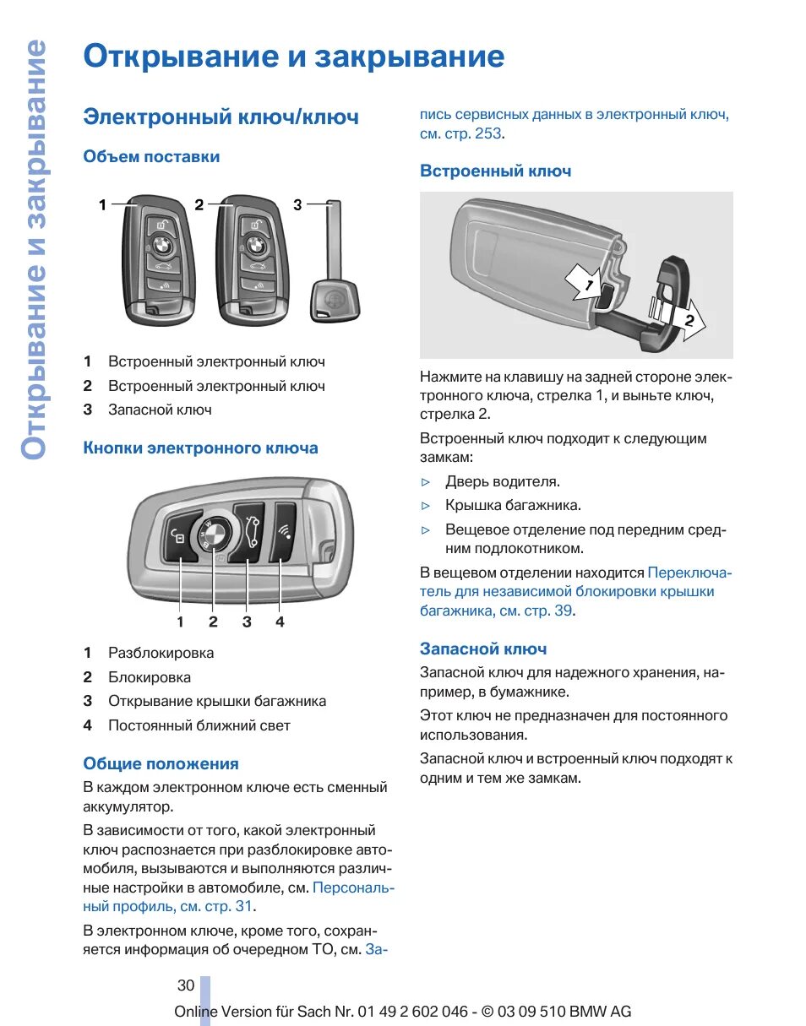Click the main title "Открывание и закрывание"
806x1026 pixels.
pos(293,57)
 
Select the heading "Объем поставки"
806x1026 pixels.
pos(151,157)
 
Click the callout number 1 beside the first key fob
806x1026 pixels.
pos(102,204)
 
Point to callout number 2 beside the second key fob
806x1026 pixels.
pos(199,204)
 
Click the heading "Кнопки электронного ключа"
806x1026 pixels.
pos(200,448)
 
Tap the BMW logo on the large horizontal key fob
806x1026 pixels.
pos(214,535)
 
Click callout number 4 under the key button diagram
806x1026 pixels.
pos(280,622)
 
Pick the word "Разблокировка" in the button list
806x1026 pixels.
pos(161,654)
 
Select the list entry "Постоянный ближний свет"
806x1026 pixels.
pos(199,726)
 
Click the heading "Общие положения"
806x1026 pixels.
pos(161,764)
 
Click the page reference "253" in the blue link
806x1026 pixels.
pos(487,133)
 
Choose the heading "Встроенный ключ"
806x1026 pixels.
pos(495,171)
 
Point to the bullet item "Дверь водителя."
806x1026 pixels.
pos(503,482)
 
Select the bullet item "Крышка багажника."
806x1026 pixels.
pos(513,506)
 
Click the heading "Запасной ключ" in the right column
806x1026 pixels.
pos(483,649)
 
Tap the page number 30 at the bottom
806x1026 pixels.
pos(186,985)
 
